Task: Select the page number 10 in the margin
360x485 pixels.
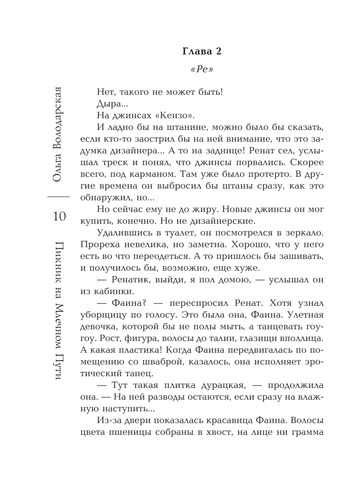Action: pyautogui.click(x=60, y=217)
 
